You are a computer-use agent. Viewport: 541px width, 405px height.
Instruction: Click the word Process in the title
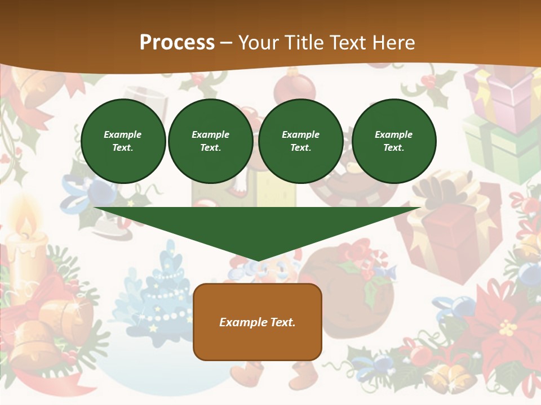(x=177, y=43)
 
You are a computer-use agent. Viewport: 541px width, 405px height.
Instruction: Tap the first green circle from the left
(x=123, y=141)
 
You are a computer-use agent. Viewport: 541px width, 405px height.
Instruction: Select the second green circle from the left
(x=210, y=141)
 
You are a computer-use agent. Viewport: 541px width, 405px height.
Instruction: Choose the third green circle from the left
(x=300, y=141)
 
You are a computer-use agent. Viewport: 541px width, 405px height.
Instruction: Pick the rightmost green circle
(x=393, y=141)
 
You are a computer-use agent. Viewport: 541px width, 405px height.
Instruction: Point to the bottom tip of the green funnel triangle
(x=258, y=259)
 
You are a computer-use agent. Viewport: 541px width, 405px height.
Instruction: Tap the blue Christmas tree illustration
(x=163, y=292)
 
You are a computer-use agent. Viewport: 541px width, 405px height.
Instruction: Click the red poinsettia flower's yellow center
(x=508, y=327)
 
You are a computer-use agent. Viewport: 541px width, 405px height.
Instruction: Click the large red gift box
(x=451, y=236)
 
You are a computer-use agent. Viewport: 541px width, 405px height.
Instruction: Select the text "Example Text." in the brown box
(x=257, y=322)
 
